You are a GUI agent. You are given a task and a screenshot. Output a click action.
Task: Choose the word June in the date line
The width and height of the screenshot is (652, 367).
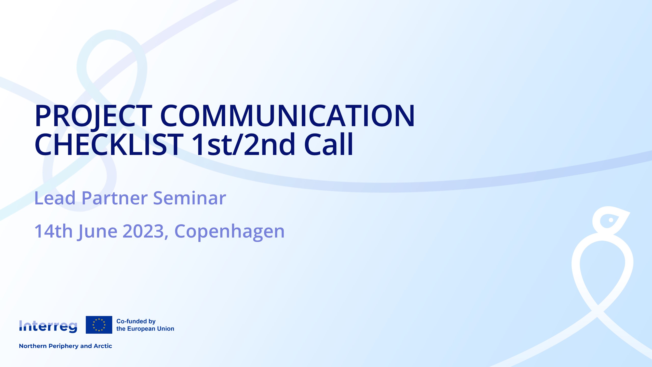click(98, 232)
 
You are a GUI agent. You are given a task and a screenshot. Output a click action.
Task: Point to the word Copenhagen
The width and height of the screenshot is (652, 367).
click(229, 232)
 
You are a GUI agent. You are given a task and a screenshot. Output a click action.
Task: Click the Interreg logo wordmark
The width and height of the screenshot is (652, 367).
click(48, 326)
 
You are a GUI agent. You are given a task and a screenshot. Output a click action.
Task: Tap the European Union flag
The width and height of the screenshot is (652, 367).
click(99, 325)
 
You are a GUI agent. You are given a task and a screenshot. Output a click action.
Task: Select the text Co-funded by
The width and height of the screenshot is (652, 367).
click(136, 321)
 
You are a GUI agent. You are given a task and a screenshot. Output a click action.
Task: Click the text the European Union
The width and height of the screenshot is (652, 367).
click(145, 329)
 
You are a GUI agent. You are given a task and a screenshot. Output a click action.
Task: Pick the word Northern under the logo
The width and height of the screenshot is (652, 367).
click(33, 346)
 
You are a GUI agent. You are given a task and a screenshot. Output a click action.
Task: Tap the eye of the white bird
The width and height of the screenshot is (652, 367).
click(611, 220)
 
